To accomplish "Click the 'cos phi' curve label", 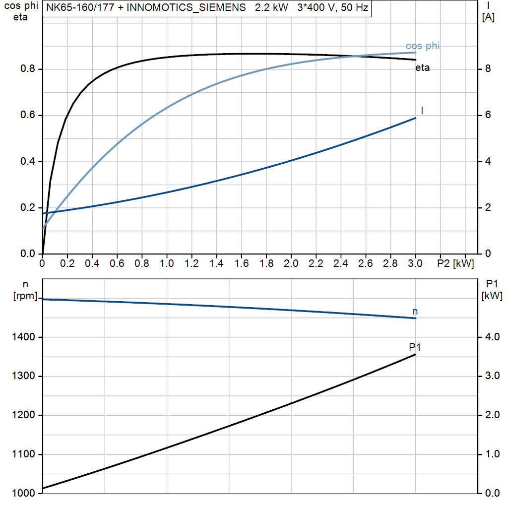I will coord(423,46).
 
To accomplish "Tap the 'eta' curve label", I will coord(422,68).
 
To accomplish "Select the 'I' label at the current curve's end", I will coord(422,110).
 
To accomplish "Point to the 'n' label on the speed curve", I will coord(415,312).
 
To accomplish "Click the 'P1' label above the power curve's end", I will coord(415,347).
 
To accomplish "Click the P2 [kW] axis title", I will coord(455,263).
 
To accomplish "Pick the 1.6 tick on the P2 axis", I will coord(241,263).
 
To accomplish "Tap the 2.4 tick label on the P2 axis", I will coord(340,263).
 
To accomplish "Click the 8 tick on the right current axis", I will coord(488,69).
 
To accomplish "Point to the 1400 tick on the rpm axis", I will coord(23,337).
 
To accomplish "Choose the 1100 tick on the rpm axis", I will coord(23,454).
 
